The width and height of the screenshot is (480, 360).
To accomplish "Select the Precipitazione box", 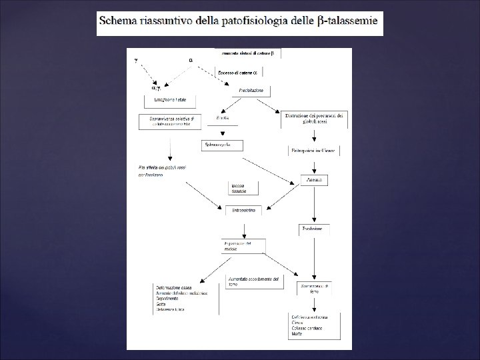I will pyautogui.click(x=251, y=90).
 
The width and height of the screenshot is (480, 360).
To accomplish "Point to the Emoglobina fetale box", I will pyautogui.click(x=170, y=101).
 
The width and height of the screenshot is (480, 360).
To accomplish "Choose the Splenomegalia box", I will pyautogui.click(x=221, y=145).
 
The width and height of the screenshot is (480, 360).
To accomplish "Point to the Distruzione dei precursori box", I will pyautogui.click(x=314, y=119).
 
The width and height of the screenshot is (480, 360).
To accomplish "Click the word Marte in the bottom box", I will pyautogui.click(x=297, y=340).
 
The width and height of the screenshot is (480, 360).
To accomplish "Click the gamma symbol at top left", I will pyautogui.click(x=137, y=59).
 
